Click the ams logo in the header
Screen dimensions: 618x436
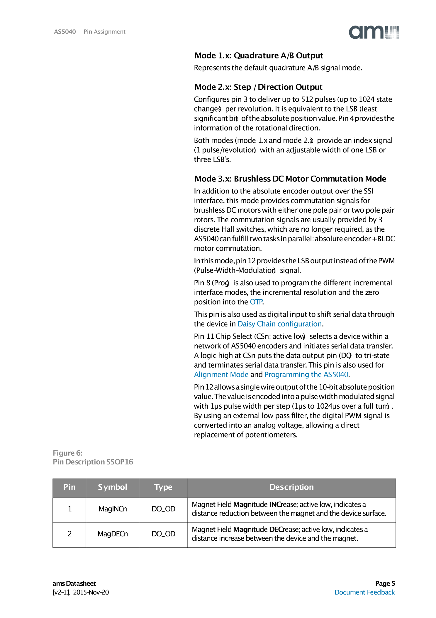click(x=373, y=32)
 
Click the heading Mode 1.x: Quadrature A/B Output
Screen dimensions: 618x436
click(x=259, y=55)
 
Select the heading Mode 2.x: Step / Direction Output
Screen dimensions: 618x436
click(x=258, y=87)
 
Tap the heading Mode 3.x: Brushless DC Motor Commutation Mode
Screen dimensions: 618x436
click(x=290, y=179)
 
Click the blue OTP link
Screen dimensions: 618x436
click(x=256, y=302)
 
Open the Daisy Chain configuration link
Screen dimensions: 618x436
click(x=279, y=324)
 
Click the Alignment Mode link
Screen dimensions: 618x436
click(x=221, y=375)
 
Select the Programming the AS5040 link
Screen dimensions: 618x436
click(x=306, y=375)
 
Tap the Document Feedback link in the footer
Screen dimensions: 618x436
click(x=364, y=592)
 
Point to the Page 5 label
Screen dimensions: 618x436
click(x=385, y=583)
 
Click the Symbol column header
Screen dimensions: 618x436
click(x=112, y=487)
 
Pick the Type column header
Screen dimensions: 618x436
click(x=163, y=487)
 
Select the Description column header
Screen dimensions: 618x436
click(x=291, y=487)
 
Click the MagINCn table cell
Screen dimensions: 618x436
click(x=113, y=509)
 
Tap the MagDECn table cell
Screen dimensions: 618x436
click(x=113, y=534)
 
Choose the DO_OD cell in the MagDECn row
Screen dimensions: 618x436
click(x=163, y=534)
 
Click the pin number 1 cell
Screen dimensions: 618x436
click(x=69, y=509)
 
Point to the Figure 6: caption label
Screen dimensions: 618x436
click(x=67, y=453)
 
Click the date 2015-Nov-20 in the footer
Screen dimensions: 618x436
click(x=91, y=592)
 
